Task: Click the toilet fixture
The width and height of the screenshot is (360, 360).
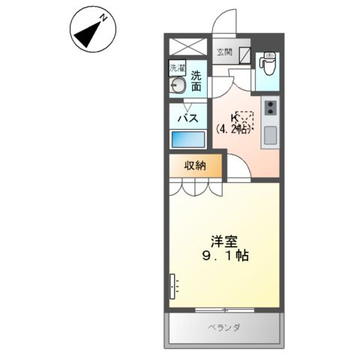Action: (x=268, y=63)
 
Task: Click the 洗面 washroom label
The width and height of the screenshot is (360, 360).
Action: (x=196, y=81)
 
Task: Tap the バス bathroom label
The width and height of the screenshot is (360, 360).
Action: (x=187, y=118)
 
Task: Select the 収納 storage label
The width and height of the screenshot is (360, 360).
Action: (x=195, y=166)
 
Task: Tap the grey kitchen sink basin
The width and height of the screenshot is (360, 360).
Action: (x=269, y=136)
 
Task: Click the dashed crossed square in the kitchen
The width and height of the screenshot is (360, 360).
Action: (x=244, y=119)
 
